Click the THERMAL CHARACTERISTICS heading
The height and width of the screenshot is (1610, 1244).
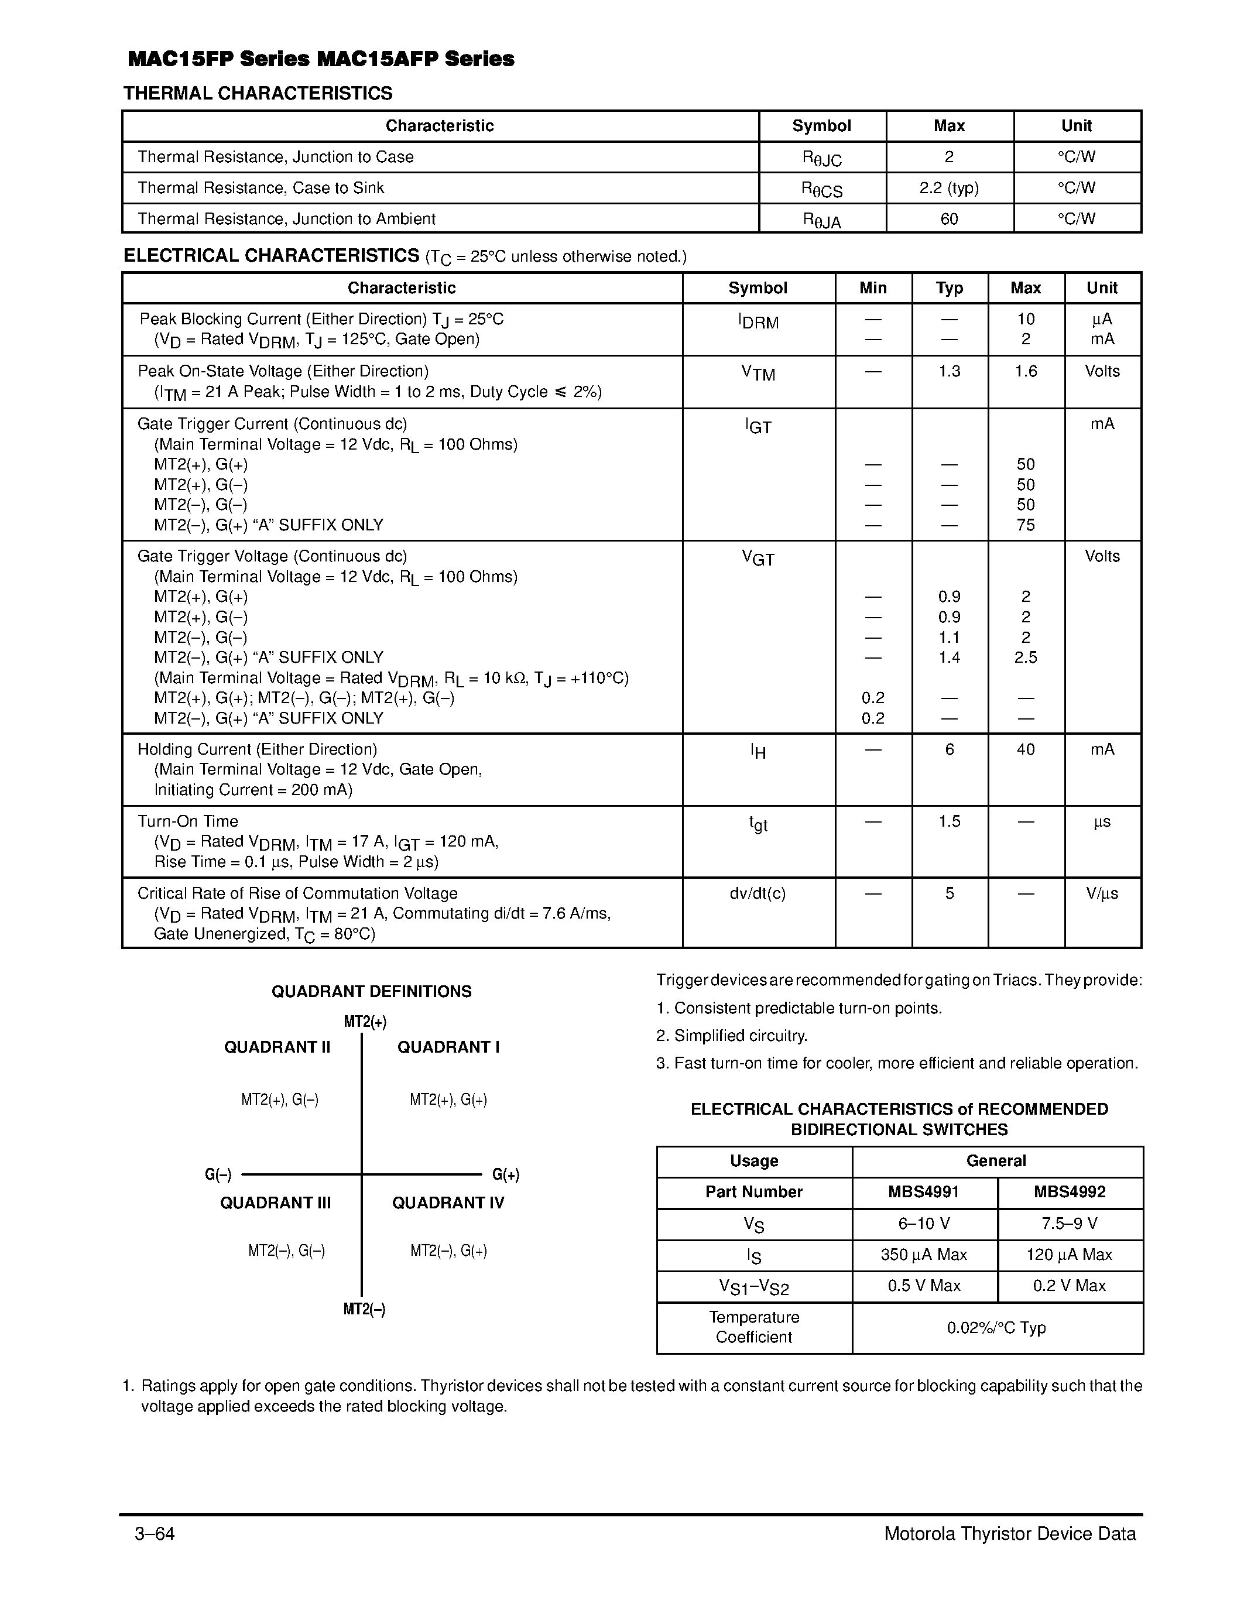(258, 94)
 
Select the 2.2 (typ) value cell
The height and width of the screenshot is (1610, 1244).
(948, 188)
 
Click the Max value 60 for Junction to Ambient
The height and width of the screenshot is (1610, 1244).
(948, 219)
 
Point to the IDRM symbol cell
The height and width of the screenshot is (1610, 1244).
(758, 321)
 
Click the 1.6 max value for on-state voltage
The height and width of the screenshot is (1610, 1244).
(1025, 372)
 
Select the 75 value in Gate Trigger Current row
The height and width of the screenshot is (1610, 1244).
(1025, 525)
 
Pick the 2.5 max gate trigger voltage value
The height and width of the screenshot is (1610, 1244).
(1025, 657)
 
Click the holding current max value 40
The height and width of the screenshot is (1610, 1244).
(1025, 750)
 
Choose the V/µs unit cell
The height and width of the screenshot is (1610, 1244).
(1102, 893)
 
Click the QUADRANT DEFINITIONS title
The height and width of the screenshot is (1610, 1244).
(371, 992)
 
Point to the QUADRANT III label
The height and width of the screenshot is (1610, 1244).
(275, 1203)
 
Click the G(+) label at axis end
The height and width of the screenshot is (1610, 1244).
(506, 1175)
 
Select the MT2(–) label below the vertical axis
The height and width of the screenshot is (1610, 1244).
(364, 1309)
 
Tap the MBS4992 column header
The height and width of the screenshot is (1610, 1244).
(1070, 1192)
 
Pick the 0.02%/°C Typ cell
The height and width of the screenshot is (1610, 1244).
(996, 1328)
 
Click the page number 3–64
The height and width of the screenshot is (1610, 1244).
(155, 1534)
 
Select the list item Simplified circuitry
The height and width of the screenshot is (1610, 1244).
(732, 1036)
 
